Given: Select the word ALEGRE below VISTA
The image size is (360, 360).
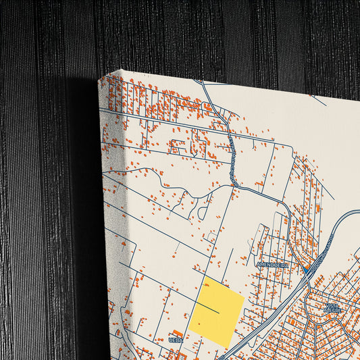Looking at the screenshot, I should (x=332, y=311).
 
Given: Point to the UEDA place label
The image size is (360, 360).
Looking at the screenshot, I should (x=176, y=340).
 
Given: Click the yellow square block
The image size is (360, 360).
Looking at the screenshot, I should (x=217, y=312).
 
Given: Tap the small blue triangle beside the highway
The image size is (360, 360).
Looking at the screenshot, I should (x=306, y=270).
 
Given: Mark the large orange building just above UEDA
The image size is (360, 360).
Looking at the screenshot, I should (x=178, y=333).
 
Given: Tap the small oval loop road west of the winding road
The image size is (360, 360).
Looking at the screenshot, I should (x=203, y=212).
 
